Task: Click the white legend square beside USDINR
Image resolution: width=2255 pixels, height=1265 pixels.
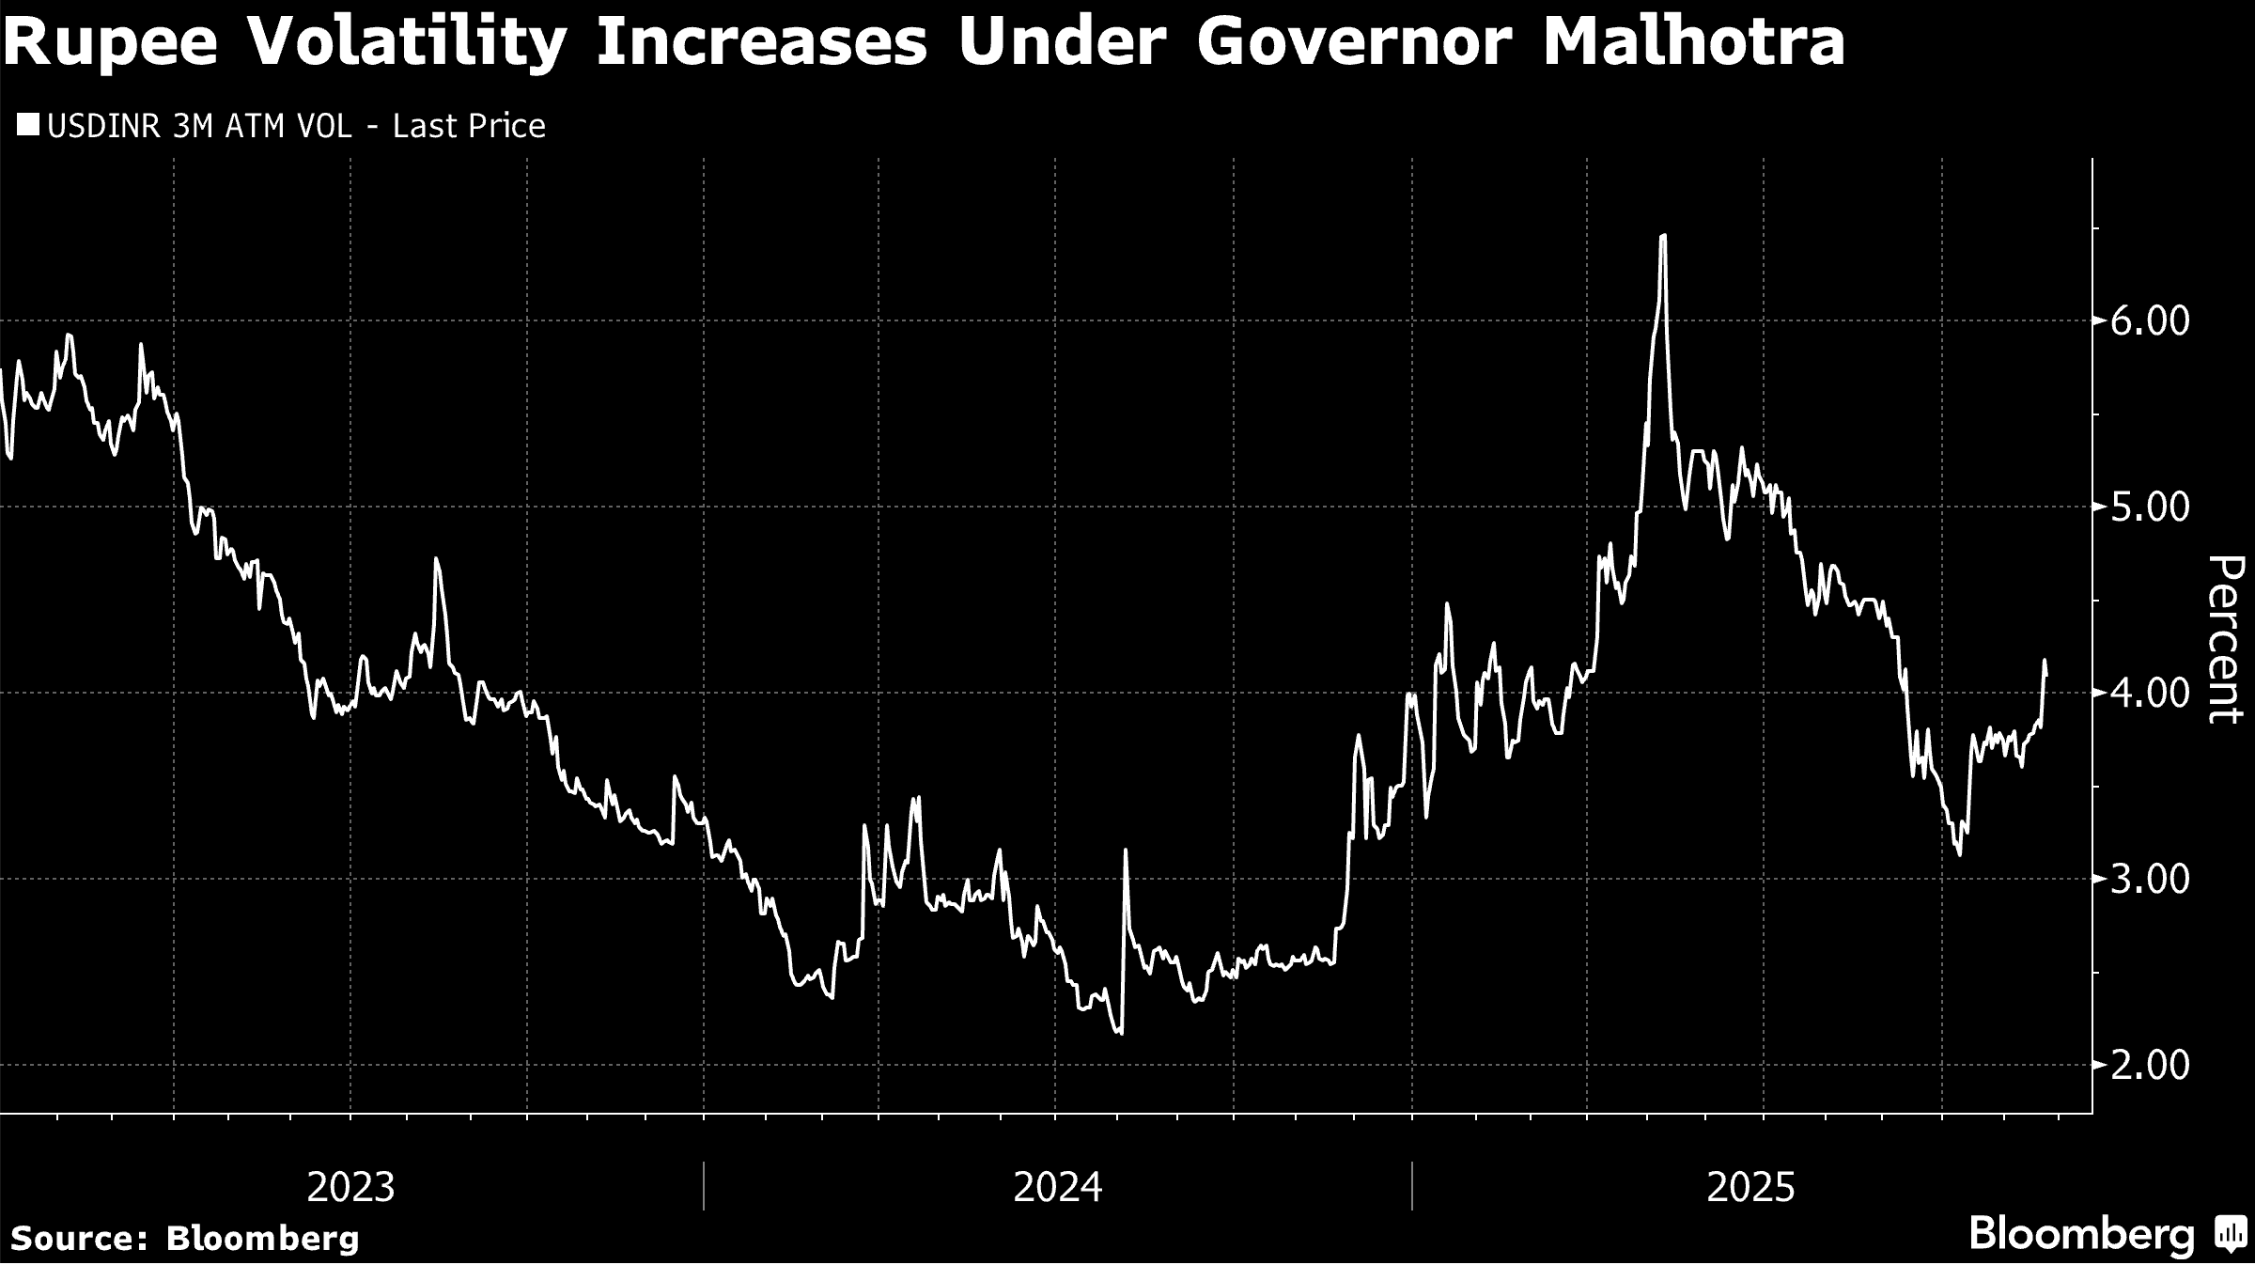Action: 28,126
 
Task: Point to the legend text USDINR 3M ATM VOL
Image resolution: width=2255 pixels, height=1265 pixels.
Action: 199,126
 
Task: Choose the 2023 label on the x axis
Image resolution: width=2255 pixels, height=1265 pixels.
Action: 350,1187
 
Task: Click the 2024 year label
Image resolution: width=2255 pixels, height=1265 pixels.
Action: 1057,1187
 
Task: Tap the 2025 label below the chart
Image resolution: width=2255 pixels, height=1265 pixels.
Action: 1750,1187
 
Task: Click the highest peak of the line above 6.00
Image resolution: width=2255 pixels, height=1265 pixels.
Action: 1663,236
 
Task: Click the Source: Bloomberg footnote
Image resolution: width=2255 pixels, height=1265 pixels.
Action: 185,1238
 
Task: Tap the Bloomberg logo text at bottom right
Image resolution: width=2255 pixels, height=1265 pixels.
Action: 2081,1234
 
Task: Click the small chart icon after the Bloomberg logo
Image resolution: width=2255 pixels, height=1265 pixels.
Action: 2229,1235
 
